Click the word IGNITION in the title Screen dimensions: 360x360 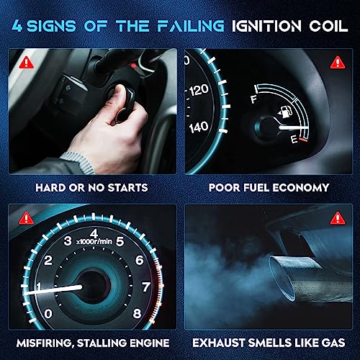(266, 26)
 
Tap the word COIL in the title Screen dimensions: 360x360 (328, 26)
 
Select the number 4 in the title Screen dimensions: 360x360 (17, 26)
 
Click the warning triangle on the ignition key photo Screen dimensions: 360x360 (27, 63)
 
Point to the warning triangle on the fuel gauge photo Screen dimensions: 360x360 (338, 63)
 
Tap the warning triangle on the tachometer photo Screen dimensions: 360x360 (27, 218)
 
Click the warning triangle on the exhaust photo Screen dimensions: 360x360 (338, 218)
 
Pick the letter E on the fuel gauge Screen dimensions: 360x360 (294, 139)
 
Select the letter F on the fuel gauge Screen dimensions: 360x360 (253, 99)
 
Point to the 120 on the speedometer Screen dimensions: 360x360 (199, 90)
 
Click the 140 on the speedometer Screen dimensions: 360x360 (199, 127)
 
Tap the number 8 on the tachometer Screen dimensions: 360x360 (137, 313)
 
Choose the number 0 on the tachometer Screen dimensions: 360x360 (48, 314)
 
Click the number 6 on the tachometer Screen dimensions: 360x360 (140, 260)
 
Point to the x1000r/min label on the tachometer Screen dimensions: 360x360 (94, 241)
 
